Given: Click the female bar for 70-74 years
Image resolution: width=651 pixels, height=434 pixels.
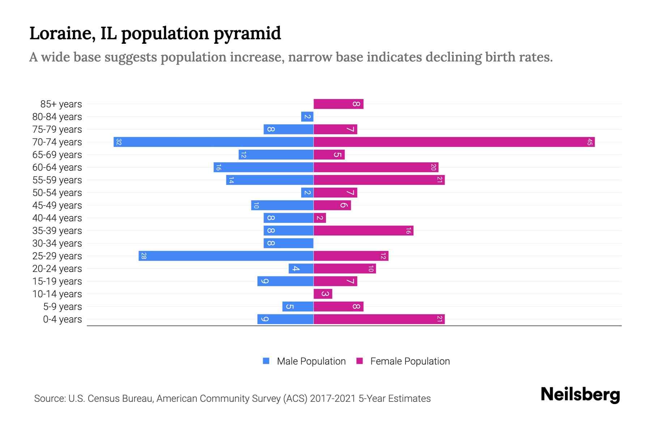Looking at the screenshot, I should tap(454, 142).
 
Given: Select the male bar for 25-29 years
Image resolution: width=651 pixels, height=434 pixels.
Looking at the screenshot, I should tap(226, 256).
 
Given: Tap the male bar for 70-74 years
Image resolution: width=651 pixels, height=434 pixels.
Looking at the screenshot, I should tap(213, 142).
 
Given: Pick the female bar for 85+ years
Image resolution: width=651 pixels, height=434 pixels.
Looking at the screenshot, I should tap(338, 104).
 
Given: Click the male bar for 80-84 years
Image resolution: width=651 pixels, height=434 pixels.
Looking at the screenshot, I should tap(307, 116).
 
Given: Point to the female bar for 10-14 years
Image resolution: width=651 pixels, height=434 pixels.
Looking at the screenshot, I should tap(323, 294).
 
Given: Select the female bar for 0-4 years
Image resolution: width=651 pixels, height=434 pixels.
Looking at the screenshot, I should tap(379, 319).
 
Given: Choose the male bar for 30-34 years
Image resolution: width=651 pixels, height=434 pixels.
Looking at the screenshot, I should tap(288, 243).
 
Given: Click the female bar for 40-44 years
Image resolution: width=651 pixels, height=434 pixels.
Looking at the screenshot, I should tap(320, 218).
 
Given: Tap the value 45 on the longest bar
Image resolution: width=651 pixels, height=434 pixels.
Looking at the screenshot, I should tap(590, 142).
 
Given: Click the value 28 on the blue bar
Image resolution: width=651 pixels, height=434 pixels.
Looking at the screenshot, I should tap(144, 256).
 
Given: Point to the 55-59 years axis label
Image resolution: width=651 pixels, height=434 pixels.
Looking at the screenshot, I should tap(57, 180).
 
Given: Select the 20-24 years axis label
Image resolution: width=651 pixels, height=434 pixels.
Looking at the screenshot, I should tap(57, 269).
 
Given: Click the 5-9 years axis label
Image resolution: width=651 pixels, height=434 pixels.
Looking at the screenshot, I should tap(63, 307).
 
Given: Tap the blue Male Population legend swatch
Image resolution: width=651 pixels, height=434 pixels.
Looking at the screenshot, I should tap(266, 361).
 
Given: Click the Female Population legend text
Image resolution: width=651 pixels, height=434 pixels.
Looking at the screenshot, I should tap(410, 361).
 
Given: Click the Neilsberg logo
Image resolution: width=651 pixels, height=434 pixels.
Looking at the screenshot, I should tap(580, 394).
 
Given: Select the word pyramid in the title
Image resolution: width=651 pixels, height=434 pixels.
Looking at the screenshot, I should tap(247, 33).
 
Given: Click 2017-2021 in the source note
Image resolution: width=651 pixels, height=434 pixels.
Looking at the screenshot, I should tap(333, 399).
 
